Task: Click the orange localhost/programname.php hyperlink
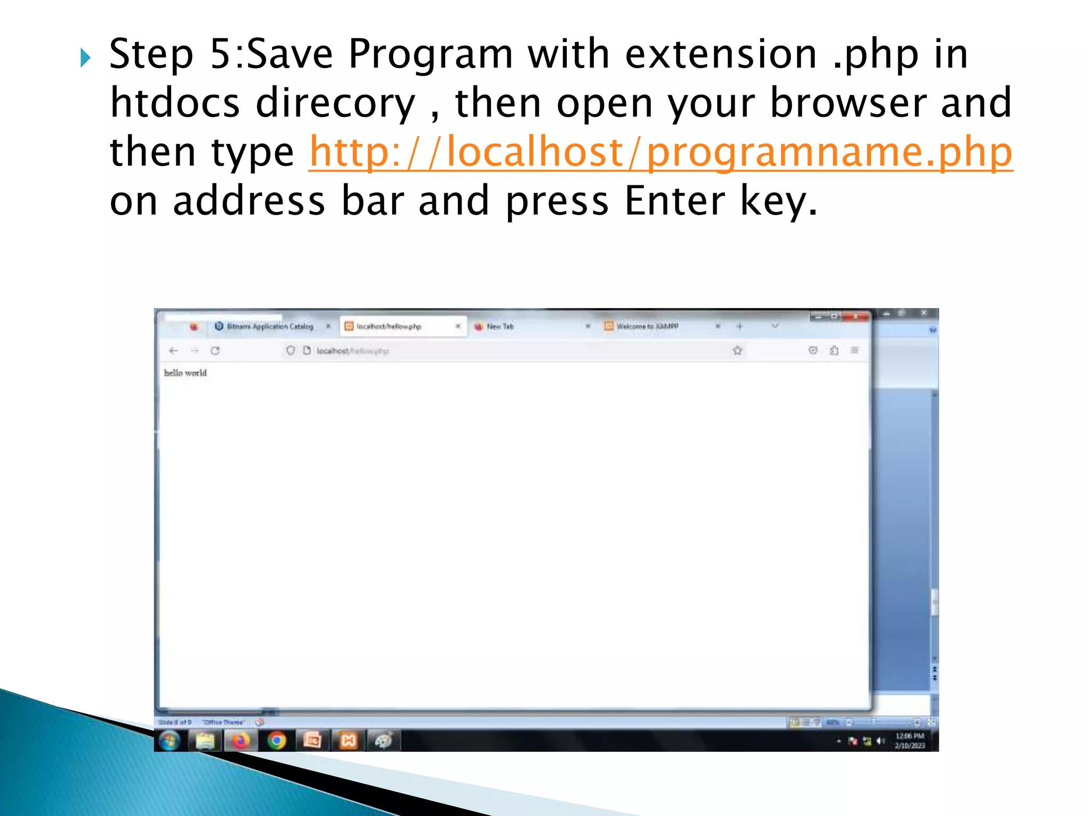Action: [660, 152]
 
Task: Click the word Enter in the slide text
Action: [674, 201]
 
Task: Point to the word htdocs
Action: [175, 103]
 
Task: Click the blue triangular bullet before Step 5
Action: [86, 57]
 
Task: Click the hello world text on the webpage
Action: [185, 373]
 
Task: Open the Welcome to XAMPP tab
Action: [647, 326]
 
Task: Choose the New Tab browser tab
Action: [500, 326]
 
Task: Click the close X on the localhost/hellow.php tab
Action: [458, 326]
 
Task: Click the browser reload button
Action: [215, 351]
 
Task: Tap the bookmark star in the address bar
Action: [737, 351]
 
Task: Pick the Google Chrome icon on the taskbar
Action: [277, 740]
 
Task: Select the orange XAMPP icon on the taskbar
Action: [348, 740]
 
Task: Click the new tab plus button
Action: [739, 326]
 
